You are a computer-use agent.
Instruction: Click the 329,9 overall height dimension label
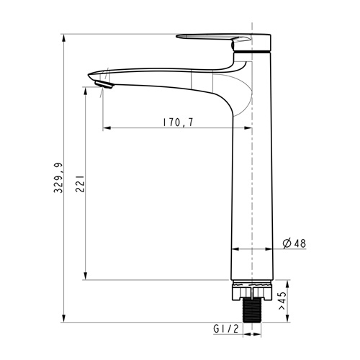tap(58, 178)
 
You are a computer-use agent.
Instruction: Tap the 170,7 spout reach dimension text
tap(178, 122)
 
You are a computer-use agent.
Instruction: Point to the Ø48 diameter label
tap(294, 243)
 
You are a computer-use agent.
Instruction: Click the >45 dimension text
tap(282, 301)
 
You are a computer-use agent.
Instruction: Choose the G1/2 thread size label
tap(226, 328)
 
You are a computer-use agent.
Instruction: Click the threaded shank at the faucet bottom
tap(252, 311)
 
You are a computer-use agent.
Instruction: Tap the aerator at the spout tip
tap(104, 85)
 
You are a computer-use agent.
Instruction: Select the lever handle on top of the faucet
tap(223, 40)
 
